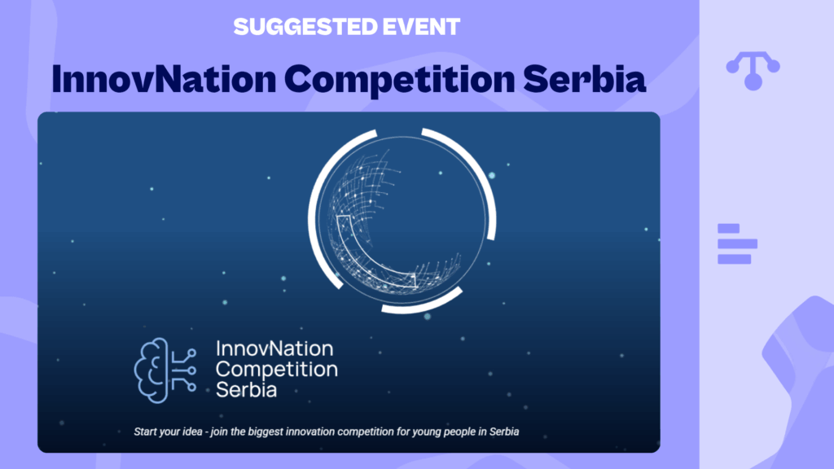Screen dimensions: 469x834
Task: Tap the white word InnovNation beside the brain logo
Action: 274,348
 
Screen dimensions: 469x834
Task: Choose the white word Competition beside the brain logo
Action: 277,369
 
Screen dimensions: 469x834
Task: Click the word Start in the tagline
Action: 147,431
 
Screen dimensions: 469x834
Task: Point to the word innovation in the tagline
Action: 327,431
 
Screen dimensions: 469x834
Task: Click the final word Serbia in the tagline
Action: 503,431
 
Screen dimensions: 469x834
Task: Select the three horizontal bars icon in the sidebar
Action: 737,243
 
